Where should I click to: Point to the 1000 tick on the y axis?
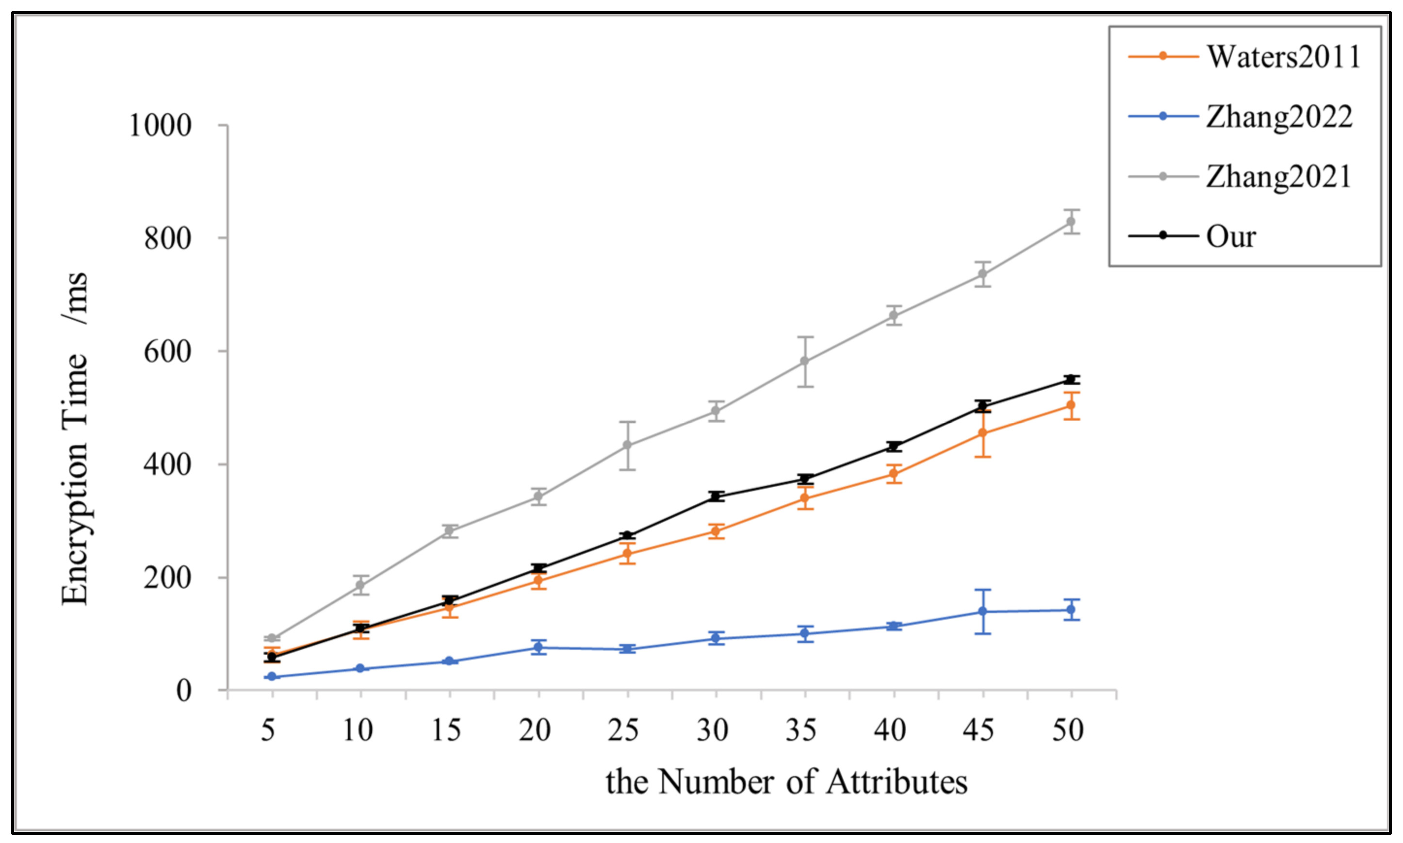point(161,126)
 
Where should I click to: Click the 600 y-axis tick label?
point(168,352)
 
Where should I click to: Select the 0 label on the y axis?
point(183,691)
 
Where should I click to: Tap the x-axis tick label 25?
point(623,730)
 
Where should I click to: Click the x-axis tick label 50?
point(1067,730)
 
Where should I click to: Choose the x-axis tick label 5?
point(268,730)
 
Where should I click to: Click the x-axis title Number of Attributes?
point(786,782)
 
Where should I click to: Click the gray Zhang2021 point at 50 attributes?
point(1071,221)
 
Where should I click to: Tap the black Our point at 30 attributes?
point(716,496)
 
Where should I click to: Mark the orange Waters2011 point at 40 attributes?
point(894,474)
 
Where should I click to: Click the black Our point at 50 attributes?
point(1071,380)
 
